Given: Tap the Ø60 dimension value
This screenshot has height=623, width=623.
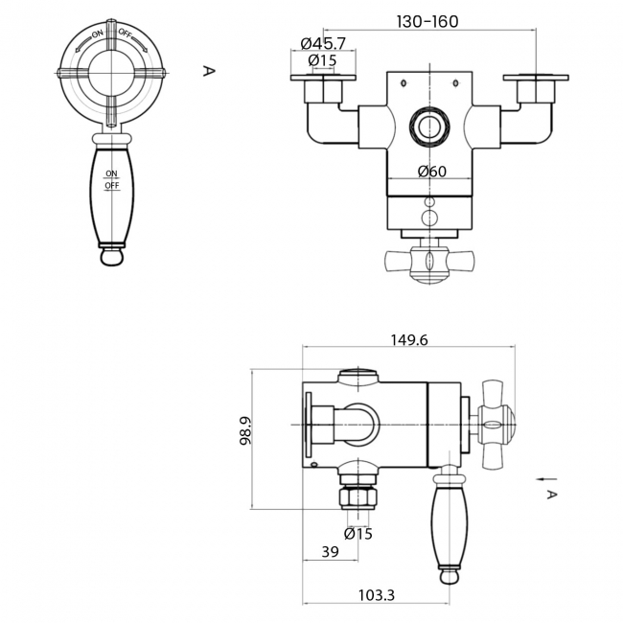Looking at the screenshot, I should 433,172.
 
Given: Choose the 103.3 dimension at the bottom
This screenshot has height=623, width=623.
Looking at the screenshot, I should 377,595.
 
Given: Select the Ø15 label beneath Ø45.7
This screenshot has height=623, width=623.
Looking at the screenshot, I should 321,60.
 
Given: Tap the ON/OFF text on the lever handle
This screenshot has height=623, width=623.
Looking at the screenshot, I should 112,179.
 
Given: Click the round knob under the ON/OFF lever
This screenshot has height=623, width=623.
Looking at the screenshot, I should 112,256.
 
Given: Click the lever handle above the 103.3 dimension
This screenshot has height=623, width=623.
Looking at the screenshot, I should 448,522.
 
